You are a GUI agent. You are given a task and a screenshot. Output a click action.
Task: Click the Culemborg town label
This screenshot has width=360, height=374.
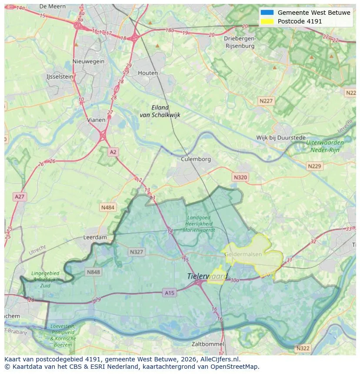coord(196,159)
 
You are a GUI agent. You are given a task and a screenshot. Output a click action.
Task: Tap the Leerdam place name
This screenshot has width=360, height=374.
coord(95,238)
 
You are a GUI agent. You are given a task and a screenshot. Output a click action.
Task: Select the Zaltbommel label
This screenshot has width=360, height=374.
coord(208,344)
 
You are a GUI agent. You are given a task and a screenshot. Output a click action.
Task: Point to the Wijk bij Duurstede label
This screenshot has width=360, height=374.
coord(280,138)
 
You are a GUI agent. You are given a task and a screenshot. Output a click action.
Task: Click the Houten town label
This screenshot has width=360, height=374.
coord(148,73)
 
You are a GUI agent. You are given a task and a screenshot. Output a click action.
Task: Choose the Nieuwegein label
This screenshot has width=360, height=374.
coord(89,61)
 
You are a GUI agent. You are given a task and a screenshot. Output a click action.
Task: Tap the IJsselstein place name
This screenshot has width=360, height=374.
coord(60,76)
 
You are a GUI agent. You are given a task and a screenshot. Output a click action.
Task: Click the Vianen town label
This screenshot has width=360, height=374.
coord(96,120)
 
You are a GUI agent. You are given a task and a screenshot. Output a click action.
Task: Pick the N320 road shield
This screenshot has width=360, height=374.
coord(240,177)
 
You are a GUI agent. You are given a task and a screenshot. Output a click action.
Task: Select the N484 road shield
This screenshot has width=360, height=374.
coord(108,208)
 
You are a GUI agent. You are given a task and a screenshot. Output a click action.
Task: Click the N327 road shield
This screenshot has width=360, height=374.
coord(136,252)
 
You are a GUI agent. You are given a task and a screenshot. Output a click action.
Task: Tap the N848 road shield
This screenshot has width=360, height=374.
coord(93,272)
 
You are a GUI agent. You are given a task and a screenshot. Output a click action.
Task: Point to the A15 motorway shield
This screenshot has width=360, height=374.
coord(170,293)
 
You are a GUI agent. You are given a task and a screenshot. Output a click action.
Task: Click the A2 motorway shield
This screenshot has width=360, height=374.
coord(113,152)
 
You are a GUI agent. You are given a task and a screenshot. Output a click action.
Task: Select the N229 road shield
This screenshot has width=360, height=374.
coord(314,166)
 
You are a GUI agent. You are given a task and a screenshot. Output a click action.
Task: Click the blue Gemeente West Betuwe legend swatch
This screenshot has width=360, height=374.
coord(267,13)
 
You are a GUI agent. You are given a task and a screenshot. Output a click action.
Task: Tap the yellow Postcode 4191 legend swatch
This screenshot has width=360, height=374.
coord(267,21)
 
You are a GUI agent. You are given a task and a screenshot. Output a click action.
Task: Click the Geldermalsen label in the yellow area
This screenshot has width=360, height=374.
coord(243,254)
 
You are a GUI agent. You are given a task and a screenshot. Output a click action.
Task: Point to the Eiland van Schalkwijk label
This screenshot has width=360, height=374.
coord(160,111)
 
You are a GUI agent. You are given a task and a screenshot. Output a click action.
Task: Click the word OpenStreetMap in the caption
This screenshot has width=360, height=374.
coord(235,367)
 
